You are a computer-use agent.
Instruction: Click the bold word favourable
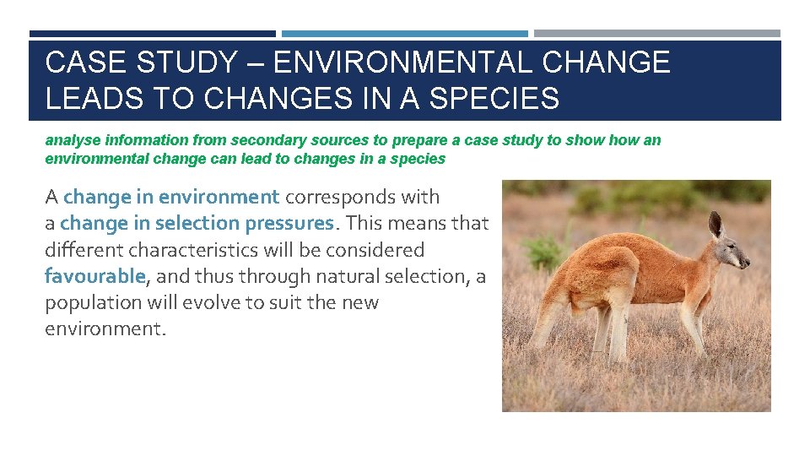[x=95, y=276]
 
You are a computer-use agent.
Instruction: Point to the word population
[x=90, y=302]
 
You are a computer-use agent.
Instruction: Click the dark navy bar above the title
[x=152, y=34]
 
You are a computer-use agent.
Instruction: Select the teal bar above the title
[x=405, y=34]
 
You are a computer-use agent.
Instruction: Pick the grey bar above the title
[x=657, y=34]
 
